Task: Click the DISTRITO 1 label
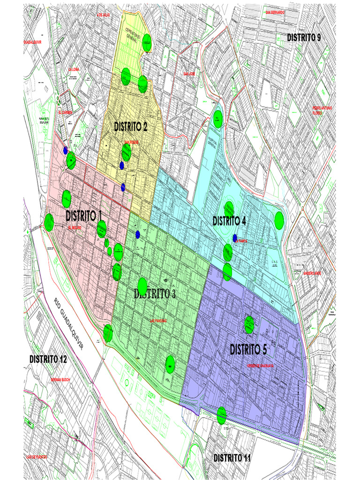pyautogui.click(x=84, y=216)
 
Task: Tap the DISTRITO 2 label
pyautogui.click(x=131, y=126)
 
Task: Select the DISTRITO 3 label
pyautogui.click(x=155, y=294)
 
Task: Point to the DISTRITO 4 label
pyautogui.click(x=229, y=221)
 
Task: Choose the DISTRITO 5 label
pyautogui.click(x=248, y=350)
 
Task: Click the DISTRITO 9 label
pyautogui.click(x=304, y=37)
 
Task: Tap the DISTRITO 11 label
pyautogui.click(x=232, y=458)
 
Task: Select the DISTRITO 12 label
pyautogui.click(x=48, y=359)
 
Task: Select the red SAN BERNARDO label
pyautogui.click(x=275, y=12)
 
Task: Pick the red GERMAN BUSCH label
pyautogui.click(x=60, y=380)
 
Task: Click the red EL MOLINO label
pyautogui.click(x=75, y=228)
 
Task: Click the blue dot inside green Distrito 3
pyautogui.click(x=138, y=234)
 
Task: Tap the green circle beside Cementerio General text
pyautogui.click(x=147, y=42)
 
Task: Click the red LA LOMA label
pyautogui.click(x=74, y=69)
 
